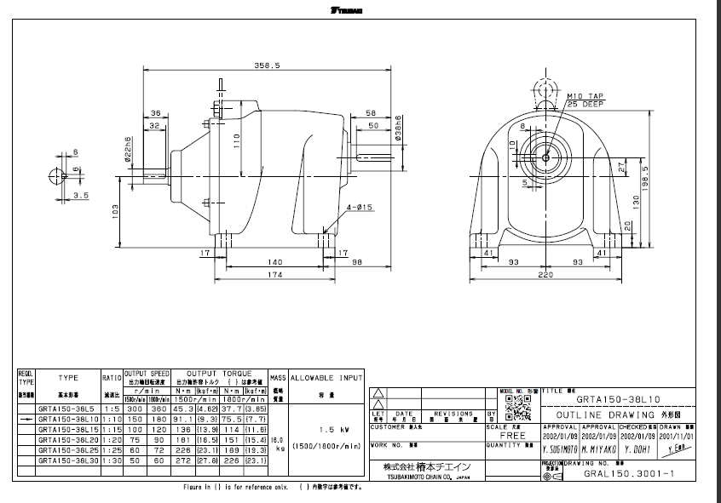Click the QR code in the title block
(513, 408)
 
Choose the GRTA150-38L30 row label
(67, 460)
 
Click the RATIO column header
(112, 375)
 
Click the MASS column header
(278, 375)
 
